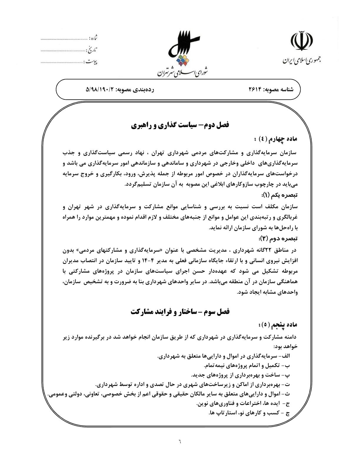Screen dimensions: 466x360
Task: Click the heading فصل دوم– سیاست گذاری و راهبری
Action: click(180, 125)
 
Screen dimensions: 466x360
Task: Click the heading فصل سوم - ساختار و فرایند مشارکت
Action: click(180, 312)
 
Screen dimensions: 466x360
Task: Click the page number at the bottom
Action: click(180, 441)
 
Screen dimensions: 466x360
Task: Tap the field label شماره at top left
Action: click(94, 38)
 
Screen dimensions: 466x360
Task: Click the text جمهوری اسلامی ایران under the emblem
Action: click(302, 60)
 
